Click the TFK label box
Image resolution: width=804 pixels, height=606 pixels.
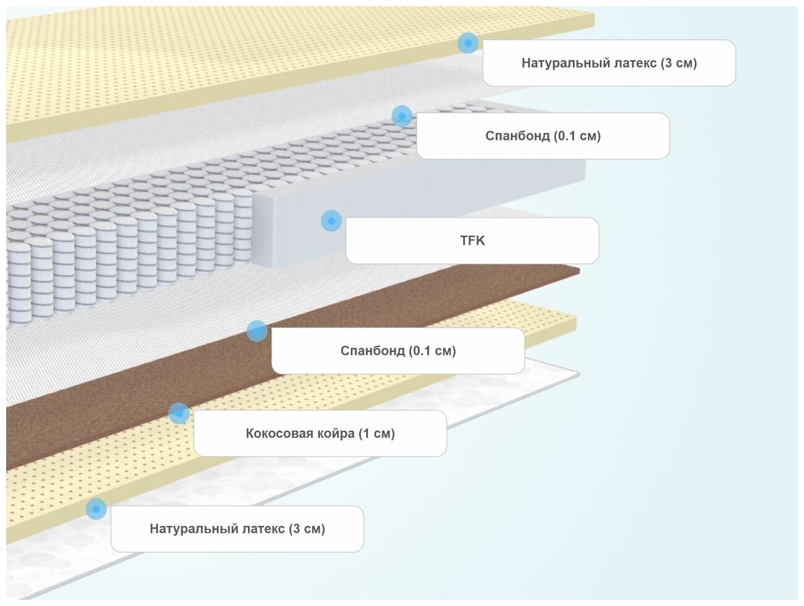tap(472, 240)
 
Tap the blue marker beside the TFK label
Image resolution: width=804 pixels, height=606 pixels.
tap(331, 221)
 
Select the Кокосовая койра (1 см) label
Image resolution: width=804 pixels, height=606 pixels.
tap(320, 433)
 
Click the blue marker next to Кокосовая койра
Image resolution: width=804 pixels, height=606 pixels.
tap(179, 414)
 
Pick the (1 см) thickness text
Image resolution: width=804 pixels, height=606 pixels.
tap(376, 433)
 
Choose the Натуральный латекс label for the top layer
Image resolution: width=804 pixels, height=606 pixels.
tap(609, 63)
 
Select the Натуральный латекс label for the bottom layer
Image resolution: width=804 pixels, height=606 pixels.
tap(237, 529)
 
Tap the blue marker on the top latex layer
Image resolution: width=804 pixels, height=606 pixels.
tap(468, 43)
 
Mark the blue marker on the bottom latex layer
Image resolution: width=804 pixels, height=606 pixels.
tap(96, 509)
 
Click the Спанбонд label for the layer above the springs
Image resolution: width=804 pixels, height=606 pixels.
tap(543, 136)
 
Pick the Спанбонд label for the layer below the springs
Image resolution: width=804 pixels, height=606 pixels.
tap(398, 351)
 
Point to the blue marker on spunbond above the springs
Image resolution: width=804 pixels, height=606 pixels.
tap(402, 116)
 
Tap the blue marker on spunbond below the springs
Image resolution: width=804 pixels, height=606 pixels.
tap(256, 331)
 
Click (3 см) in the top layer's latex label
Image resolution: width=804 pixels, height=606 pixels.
tap(678, 63)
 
